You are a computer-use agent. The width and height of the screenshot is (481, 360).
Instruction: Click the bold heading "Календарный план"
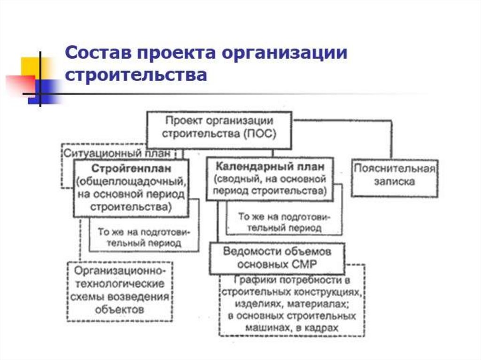pyautogui.click(x=270, y=166)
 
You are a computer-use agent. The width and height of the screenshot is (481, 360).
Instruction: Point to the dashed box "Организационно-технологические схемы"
pyautogui.click(x=119, y=291)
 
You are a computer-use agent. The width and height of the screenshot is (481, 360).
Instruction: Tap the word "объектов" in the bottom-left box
pyautogui.click(x=119, y=310)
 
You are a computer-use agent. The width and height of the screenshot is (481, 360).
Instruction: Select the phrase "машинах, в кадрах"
pyautogui.click(x=291, y=328)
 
